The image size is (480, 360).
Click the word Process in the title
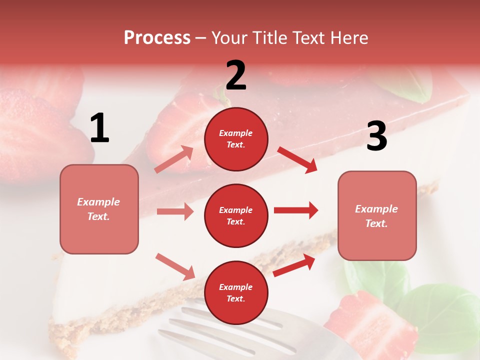tap(157, 38)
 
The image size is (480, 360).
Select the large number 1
tap(99, 128)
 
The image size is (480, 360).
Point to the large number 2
tap(236, 75)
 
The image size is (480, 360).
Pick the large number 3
tap(376, 136)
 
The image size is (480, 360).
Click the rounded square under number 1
tap(99, 209)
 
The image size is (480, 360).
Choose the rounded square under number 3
tap(377, 215)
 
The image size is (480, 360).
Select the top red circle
tap(236, 139)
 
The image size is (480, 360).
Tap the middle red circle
tap(236, 215)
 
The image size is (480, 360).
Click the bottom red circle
tap(236, 292)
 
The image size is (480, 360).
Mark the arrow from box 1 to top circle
tap(174, 159)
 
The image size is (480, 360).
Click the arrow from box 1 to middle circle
tap(175, 211)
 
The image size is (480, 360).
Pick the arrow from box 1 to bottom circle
tap(175, 266)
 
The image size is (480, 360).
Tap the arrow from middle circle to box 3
tap(296, 210)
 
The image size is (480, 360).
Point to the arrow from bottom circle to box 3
tap(294, 265)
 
